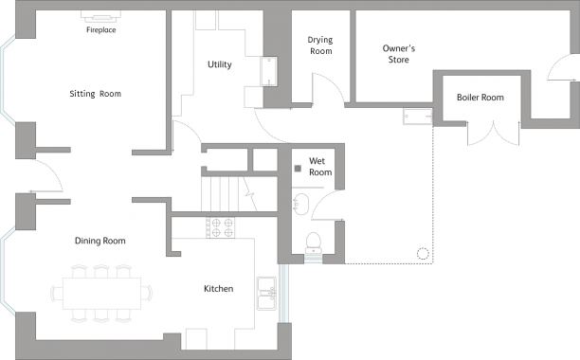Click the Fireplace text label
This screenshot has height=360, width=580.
point(101,30)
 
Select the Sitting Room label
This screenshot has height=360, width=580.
point(95,94)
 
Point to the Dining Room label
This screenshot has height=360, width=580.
point(100,241)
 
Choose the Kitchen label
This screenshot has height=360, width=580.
point(218,289)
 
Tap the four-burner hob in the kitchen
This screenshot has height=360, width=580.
point(221,227)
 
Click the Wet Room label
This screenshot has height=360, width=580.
point(320,167)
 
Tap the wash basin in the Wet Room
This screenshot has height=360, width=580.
point(301,203)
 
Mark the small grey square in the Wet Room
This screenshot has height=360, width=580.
point(298,169)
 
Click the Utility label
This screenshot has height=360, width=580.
point(220,64)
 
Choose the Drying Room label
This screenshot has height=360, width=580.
point(320,45)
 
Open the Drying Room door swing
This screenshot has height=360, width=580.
point(327,89)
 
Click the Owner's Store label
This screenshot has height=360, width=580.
point(398,54)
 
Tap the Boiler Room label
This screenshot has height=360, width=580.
point(480,97)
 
